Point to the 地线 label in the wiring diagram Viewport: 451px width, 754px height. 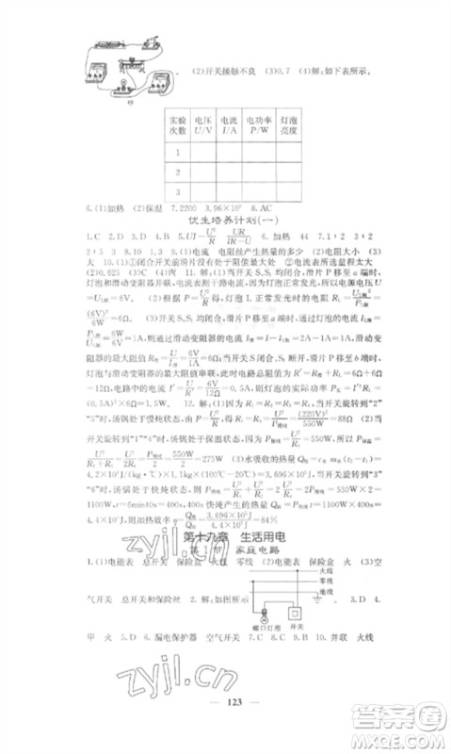[301, 588]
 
